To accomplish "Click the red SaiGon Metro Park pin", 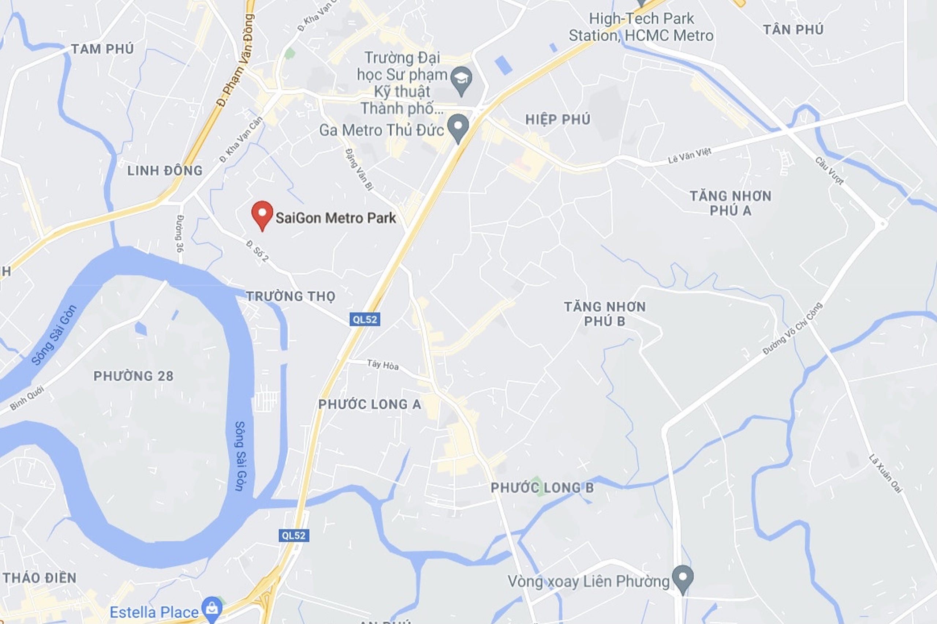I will pos(262,214).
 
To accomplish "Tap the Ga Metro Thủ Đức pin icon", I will pos(458,127).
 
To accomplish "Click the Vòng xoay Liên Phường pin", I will pos(683,578).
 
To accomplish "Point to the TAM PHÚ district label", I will pos(102,49).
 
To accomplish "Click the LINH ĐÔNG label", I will pos(164,171).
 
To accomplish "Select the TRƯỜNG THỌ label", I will pos(291,296).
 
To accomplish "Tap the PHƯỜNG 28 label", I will pos(133,376).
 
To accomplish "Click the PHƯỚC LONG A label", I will pos(370,404).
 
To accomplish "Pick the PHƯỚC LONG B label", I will pos(542,488).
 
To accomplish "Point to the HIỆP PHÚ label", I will pos(557,119).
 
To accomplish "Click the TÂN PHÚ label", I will pos(793,30).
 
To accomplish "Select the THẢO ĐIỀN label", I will pos(40,578).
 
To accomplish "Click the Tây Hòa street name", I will pos(382,364).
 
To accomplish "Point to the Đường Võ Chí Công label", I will pos(792,329).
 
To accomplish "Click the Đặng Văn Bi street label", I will pos(359,169).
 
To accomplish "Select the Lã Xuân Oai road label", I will pos(886,474).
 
